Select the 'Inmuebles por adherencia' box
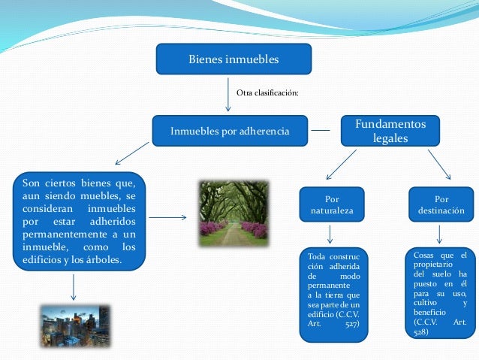230,131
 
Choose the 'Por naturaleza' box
332,205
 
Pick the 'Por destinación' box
441,205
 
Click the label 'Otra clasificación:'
267,92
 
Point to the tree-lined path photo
233,213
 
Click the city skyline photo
74,325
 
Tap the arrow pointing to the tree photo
173,219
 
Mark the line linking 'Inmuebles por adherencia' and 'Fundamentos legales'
321,131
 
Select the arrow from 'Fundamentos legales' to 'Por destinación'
438,163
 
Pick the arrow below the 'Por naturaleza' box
331,234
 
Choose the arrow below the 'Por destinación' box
439,234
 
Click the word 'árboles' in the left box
102,261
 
